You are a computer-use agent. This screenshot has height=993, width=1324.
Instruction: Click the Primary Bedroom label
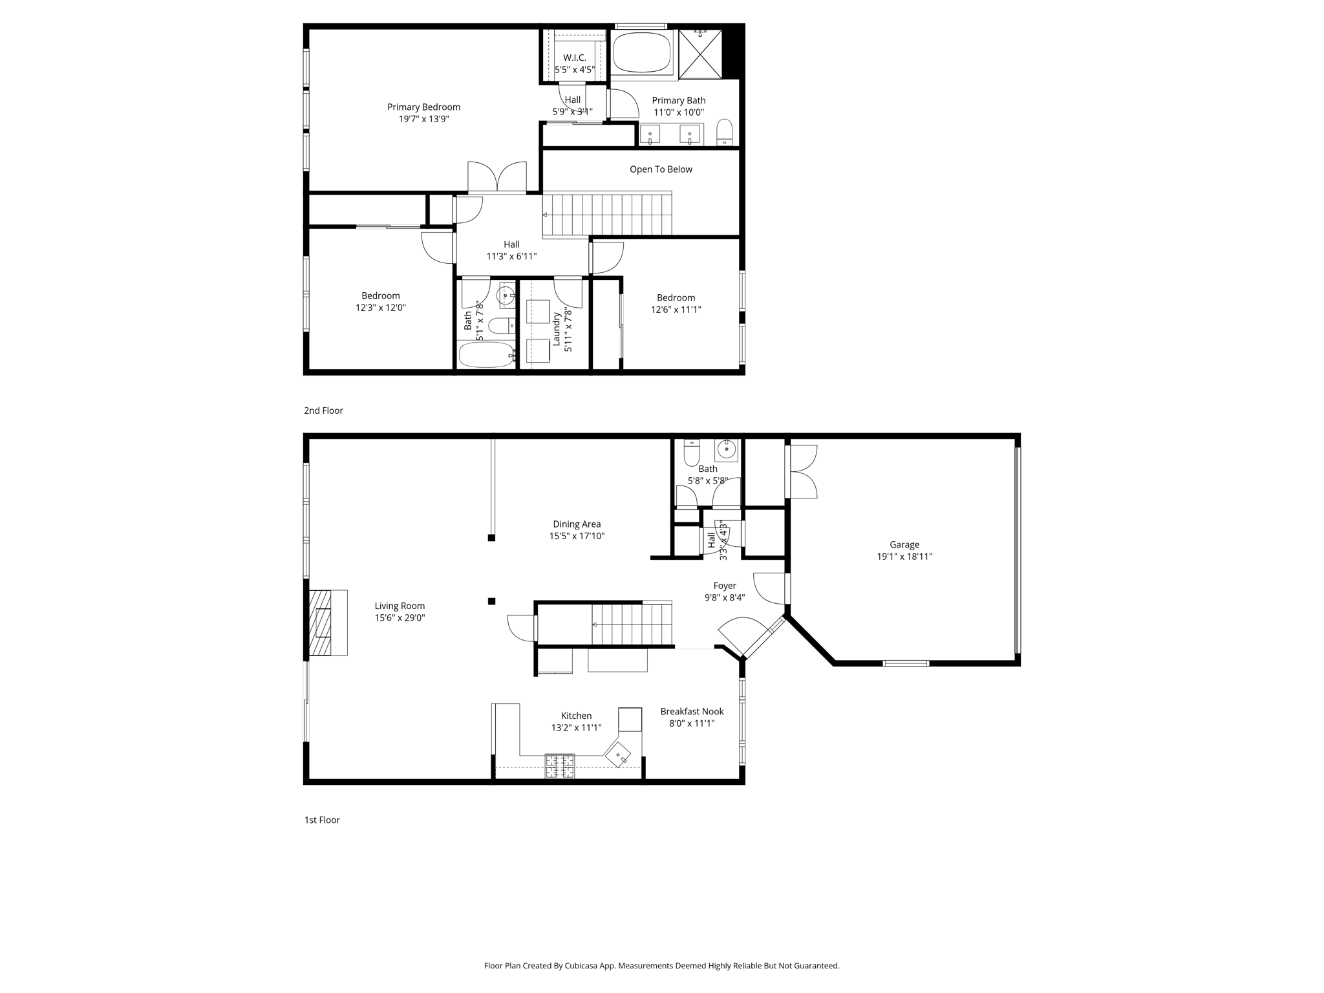(x=423, y=107)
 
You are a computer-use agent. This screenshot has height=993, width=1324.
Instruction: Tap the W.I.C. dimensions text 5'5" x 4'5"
(x=574, y=70)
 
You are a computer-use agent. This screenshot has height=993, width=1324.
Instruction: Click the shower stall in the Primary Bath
(x=699, y=54)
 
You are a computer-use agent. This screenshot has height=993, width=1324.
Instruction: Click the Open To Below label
(x=661, y=169)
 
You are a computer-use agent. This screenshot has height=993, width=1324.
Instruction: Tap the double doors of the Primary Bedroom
(x=497, y=176)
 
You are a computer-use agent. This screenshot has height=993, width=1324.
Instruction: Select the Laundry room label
(x=556, y=329)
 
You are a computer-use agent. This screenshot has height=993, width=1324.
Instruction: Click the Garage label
(x=904, y=545)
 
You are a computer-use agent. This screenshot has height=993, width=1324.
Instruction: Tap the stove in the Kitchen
(x=559, y=766)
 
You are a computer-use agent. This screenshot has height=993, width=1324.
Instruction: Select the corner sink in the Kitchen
(x=618, y=754)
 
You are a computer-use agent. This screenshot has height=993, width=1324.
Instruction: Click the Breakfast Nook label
(x=692, y=711)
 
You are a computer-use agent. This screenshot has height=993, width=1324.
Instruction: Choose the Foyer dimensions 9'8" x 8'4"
(x=724, y=598)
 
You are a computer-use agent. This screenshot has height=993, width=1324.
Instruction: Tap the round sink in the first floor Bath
(x=727, y=449)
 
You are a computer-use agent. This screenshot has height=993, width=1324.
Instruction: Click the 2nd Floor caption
(x=323, y=411)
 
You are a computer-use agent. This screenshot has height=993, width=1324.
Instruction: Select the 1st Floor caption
(x=322, y=820)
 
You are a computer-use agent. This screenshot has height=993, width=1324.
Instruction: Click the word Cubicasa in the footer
(x=581, y=966)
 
